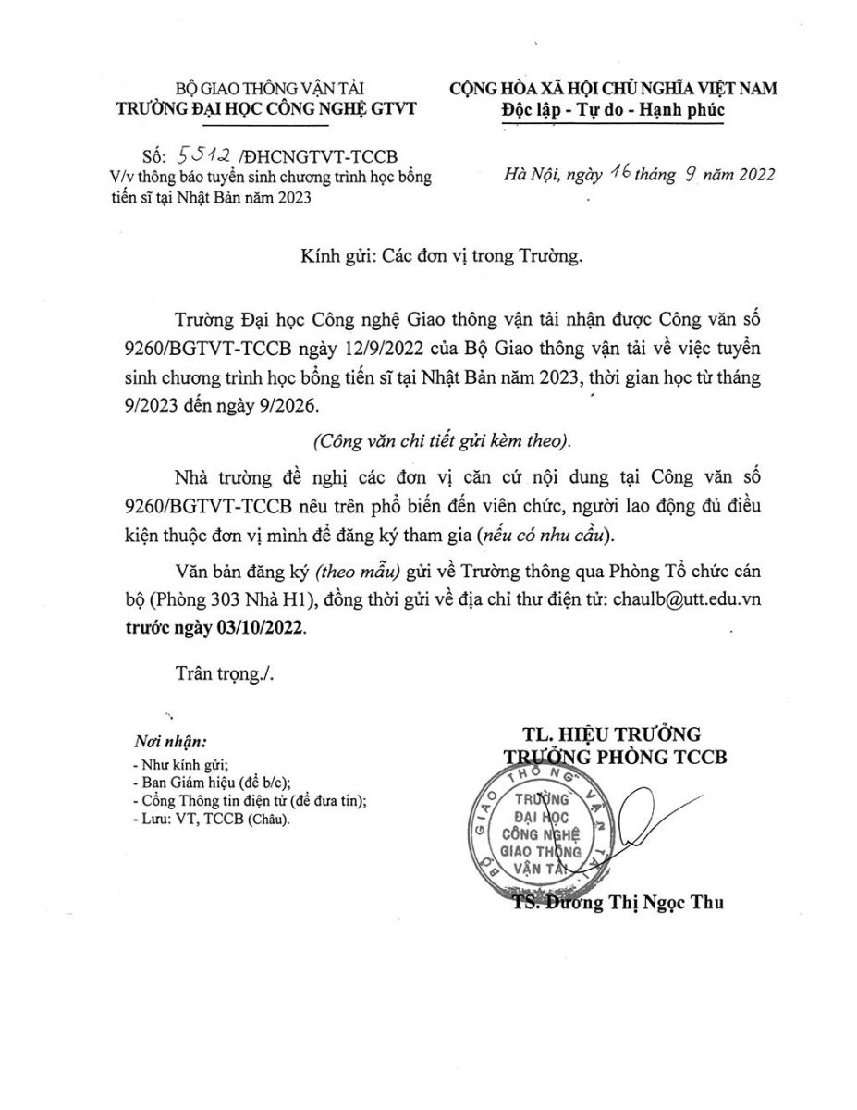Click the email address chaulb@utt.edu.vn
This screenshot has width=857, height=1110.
point(681,599)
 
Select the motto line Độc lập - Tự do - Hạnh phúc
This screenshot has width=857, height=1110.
point(612,110)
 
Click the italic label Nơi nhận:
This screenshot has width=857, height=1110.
point(170,742)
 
